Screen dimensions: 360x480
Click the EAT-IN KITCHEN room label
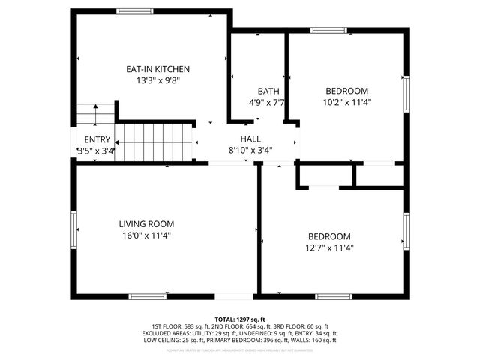coord(152,69)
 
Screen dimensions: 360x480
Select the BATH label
coord(268,91)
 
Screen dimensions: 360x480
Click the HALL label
coord(250,139)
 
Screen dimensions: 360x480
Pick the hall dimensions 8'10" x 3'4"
coord(250,149)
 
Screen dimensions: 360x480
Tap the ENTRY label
coord(97,139)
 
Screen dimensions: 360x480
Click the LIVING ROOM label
coord(146,223)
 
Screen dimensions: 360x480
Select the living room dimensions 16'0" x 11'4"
coord(146,235)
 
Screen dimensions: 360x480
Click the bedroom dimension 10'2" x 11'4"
coord(347,102)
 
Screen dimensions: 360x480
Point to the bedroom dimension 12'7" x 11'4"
coord(329,247)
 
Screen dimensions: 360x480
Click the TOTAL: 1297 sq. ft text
coord(240,319)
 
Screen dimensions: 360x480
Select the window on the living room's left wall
coord(73,229)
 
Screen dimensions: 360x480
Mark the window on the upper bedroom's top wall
coord(330,31)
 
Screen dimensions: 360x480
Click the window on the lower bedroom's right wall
coord(406,231)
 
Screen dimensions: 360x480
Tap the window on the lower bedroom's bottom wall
coord(332,296)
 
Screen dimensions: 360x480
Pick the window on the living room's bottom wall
coord(148,296)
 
